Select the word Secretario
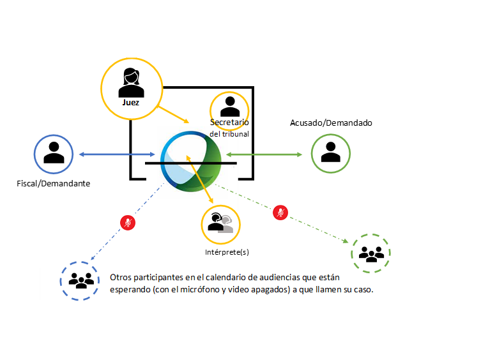point(229,122)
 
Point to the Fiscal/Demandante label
point(54,183)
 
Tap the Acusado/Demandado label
point(331,123)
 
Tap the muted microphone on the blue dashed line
point(128,222)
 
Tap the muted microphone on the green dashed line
point(279,213)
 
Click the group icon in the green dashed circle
point(370,254)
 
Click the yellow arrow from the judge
point(173,114)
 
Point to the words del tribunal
point(229,134)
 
